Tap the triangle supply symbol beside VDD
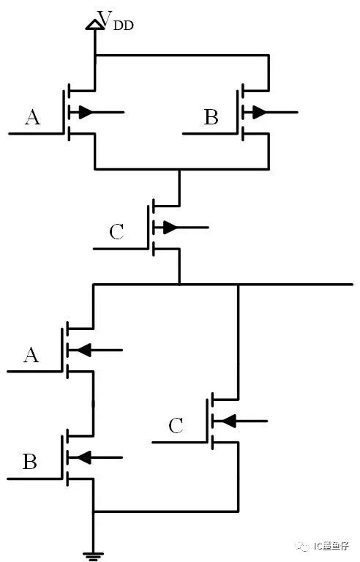(94, 24)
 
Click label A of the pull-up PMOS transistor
(32, 117)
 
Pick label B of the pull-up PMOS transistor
(211, 117)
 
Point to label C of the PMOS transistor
(116, 232)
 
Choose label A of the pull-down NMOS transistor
(31, 355)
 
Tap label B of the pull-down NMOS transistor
(30, 462)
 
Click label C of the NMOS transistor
(176, 426)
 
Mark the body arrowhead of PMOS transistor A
(86, 112)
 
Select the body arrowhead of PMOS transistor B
(260, 112)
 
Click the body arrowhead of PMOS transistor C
(170, 228)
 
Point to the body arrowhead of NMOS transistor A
(83, 350)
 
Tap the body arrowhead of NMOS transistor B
(83, 457)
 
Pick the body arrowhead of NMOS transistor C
(229, 421)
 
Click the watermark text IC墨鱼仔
(331, 546)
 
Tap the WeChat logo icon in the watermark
(303, 546)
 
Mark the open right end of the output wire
(353, 285)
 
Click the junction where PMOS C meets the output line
(179, 285)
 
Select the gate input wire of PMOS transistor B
(210, 134)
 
